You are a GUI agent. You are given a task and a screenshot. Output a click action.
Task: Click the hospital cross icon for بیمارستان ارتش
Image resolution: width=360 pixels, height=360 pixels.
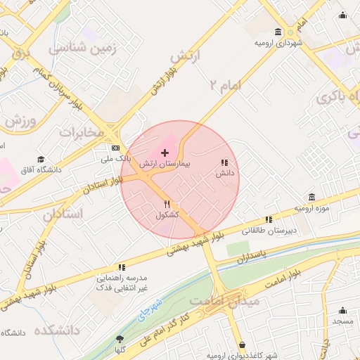click(x=165, y=152)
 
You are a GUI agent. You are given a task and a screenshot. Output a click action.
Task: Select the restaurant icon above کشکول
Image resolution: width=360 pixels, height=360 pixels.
click(x=167, y=204)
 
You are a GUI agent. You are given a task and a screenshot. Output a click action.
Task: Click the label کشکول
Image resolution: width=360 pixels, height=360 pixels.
click(x=167, y=214)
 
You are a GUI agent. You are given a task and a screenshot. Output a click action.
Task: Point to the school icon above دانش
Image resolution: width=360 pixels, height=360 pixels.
click(x=224, y=162)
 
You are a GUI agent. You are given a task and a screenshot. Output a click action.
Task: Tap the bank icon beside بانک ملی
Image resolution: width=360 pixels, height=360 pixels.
click(x=115, y=148)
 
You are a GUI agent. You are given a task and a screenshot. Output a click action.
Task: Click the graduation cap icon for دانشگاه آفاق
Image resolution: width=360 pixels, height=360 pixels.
click(x=41, y=160)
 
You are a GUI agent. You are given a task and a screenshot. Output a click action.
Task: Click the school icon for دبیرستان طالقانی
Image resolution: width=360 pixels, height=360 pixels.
click(x=269, y=220)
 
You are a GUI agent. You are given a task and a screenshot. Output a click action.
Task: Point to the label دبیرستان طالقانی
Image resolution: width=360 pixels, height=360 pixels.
click(x=270, y=230)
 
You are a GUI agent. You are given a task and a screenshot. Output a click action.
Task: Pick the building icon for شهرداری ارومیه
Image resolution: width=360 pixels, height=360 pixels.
click(x=279, y=32)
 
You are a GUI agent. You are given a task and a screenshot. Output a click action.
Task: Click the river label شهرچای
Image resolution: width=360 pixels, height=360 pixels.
click(x=150, y=310)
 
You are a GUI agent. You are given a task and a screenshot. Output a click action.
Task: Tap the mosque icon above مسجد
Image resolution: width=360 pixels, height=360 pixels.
click(x=342, y=311)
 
